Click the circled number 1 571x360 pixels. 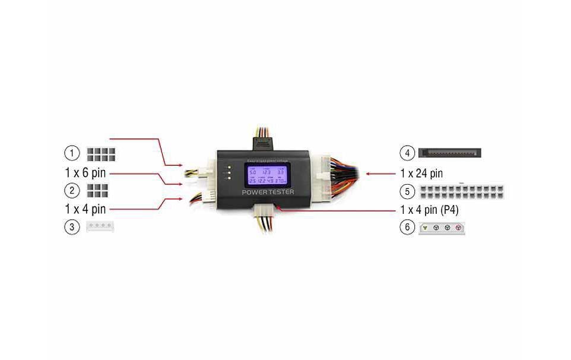click(72, 153)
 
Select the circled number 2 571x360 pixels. click(72, 190)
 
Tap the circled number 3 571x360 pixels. click(72, 227)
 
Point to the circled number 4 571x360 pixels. click(407, 153)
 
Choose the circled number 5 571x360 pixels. click(407, 192)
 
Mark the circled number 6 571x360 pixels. click(407, 228)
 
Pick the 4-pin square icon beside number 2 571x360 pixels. click(97, 190)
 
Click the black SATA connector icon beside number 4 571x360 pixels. click(449, 153)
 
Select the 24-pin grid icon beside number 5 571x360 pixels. click(461, 192)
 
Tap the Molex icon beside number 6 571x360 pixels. click(442, 228)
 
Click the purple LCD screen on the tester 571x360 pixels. click(267, 175)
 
